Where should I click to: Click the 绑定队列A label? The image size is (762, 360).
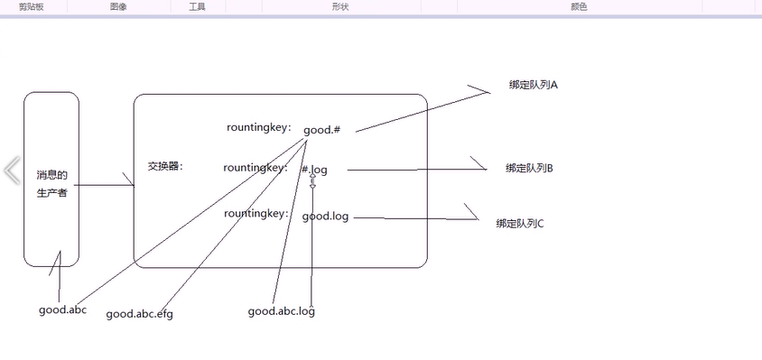click(x=533, y=85)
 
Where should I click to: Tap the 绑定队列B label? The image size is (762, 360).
click(x=530, y=169)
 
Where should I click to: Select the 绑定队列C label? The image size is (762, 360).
click(x=520, y=224)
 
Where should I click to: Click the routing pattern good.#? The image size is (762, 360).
click(x=321, y=130)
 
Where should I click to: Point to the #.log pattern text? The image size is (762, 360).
click(x=314, y=170)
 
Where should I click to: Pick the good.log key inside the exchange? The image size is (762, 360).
click(x=326, y=217)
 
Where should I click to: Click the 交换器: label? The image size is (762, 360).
click(x=165, y=166)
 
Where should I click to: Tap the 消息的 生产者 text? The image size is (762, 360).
click(x=51, y=184)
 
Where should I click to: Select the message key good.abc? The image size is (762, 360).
click(x=62, y=310)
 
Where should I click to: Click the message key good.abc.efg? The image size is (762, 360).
click(x=139, y=314)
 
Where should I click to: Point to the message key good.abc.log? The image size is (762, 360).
click(x=282, y=311)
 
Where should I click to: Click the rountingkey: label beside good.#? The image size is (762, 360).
click(x=259, y=128)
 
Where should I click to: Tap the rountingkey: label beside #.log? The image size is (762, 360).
click(x=256, y=168)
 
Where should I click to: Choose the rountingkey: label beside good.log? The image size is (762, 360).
click(x=256, y=214)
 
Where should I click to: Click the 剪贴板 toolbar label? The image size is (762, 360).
click(x=31, y=7)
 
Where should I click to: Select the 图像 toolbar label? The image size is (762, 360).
click(x=118, y=7)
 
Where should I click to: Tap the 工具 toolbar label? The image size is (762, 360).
click(x=198, y=7)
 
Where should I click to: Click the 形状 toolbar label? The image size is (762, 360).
click(x=341, y=7)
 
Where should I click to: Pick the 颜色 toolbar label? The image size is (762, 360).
click(x=580, y=7)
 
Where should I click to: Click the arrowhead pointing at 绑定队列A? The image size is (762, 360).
click(x=486, y=91)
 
